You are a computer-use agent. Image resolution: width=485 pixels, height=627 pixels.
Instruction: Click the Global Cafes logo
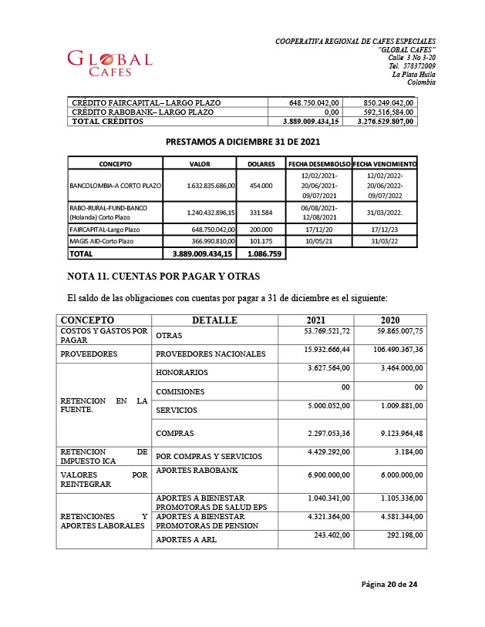pos(110,63)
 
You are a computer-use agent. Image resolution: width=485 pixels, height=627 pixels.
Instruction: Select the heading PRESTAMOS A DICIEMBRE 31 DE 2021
pos(243,142)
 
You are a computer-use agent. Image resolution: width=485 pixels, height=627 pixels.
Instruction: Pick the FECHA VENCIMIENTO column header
pos(385,164)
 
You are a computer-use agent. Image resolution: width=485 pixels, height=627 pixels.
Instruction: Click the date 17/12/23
pos(384,229)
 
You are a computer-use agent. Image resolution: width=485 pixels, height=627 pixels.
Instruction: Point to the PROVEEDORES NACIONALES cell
pos(211,354)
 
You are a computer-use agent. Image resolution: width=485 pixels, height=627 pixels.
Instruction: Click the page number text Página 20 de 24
pos(389,585)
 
